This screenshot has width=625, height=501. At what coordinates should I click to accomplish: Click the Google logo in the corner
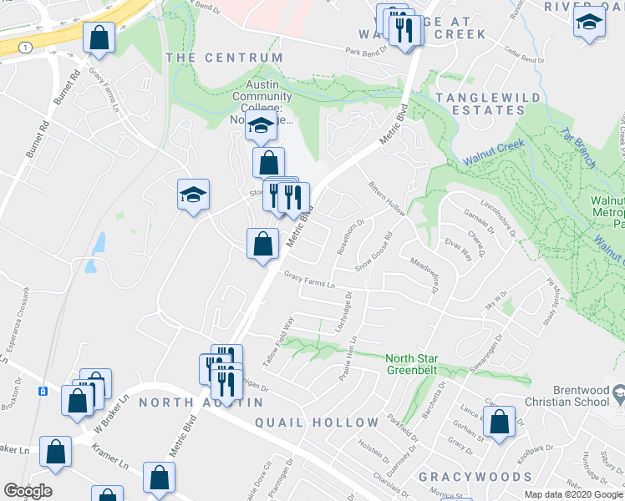point(28,491)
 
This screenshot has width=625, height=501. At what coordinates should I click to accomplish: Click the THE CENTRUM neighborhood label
point(225,58)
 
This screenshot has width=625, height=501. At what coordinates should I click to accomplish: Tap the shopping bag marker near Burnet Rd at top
point(99,37)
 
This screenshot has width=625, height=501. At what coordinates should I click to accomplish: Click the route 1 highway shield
point(28,48)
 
